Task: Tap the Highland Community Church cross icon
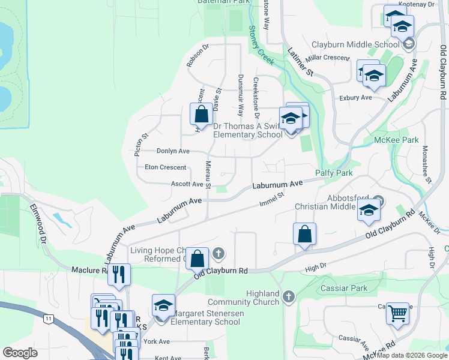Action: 289,296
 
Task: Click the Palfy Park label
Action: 334,173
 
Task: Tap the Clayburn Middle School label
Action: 355,44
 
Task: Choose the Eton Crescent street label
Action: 165,167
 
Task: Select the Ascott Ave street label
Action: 187,184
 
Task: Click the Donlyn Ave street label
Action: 173,151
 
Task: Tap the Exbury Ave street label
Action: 355,97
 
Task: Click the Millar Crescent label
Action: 327,58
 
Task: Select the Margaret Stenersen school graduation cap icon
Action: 163,305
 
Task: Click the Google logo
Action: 20,353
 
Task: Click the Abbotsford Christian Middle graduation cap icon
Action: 368,210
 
